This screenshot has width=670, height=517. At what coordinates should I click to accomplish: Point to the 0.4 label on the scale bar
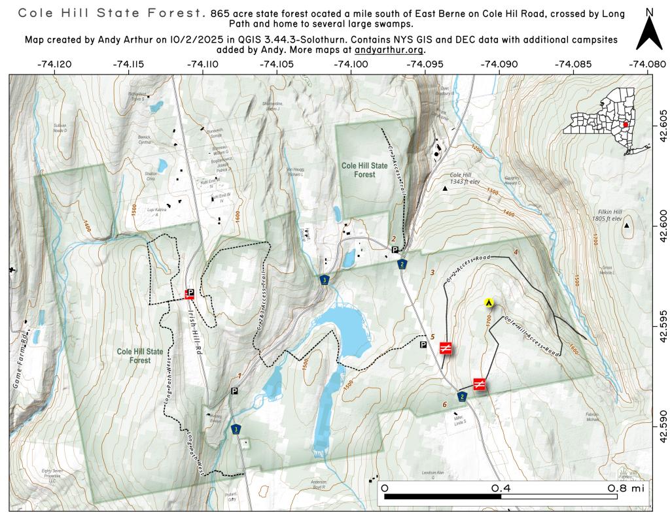tap(501, 488)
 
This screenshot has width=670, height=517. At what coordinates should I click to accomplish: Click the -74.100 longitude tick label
tap(351, 65)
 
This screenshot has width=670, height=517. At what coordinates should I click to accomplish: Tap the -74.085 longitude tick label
tap(574, 65)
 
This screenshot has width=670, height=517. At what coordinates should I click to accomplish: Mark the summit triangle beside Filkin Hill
tap(627, 226)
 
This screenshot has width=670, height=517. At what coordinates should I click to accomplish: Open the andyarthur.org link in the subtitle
tap(390, 50)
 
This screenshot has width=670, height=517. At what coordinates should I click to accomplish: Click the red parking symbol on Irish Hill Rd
tap(190, 294)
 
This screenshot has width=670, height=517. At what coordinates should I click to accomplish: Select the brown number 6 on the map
tap(445, 405)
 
